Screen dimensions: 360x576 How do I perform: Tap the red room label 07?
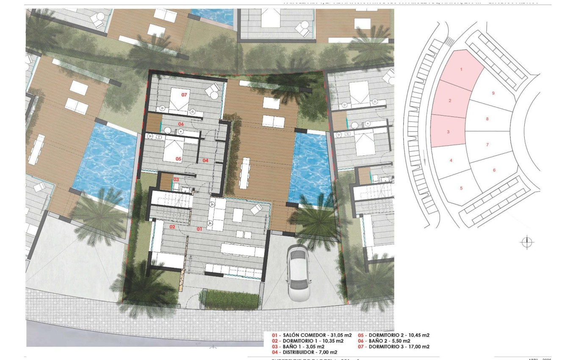coord(184,94)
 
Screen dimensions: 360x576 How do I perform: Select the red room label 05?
coord(178,159)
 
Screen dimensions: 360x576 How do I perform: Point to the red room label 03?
coord(176,180)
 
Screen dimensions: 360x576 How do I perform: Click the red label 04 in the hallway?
coord(205,161)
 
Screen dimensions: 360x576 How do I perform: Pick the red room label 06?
coord(180,124)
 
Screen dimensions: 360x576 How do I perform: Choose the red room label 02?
coord(172,227)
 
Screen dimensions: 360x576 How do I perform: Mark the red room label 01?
coord(199,229)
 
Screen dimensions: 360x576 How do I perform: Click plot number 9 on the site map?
coord(493,93)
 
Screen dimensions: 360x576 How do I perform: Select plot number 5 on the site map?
coord(461,188)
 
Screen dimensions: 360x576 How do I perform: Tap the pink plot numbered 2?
coord(450,100)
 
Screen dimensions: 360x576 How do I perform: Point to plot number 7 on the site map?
coord(487,145)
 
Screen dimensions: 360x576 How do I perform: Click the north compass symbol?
coord(526,242)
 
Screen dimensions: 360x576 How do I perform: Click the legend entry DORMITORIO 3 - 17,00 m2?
coord(394,346)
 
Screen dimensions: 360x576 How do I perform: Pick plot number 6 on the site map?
coord(494,170)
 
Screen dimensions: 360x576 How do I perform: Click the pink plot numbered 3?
coord(448,132)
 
